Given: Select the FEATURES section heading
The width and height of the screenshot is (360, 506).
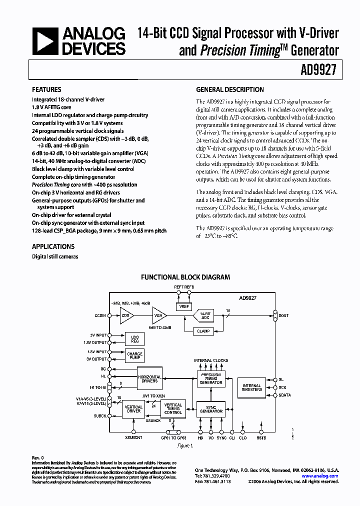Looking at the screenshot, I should (47, 90).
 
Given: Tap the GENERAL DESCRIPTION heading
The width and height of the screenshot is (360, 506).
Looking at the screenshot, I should (229, 90).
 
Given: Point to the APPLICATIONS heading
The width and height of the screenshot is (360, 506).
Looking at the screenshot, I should (53, 246).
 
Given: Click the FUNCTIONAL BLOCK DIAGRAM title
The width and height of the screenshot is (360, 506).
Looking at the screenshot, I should (185, 277).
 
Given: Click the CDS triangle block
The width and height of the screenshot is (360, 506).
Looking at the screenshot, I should (125, 315).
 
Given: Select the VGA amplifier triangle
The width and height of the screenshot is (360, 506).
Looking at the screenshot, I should (159, 315).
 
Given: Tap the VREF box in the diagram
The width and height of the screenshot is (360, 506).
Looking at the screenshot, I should (184, 306).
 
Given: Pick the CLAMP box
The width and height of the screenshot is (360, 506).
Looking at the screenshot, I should (204, 330).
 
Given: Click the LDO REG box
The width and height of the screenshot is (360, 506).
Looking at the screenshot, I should (134, 338).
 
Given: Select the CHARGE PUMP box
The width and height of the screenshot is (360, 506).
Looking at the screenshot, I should (134, 356).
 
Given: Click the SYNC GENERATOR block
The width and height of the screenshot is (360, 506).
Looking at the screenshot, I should (210, 408).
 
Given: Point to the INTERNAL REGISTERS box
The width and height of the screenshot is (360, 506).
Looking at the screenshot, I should (251, 387).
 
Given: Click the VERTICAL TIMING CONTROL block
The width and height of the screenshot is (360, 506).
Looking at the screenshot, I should (173, 408).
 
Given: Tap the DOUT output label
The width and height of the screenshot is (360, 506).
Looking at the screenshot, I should (284, 315).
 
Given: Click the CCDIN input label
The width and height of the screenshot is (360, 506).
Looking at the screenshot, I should (99, 315).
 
